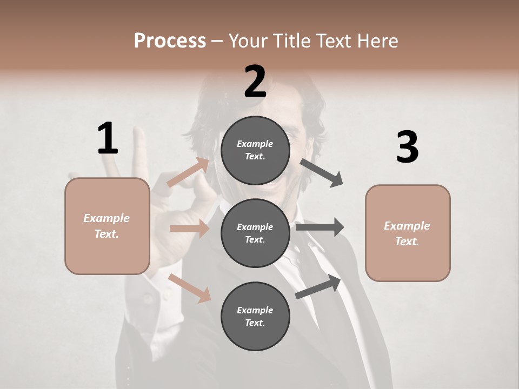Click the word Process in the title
(x=170, y=41)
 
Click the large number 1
(x=108, y=139)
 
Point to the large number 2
(x=255, y=82)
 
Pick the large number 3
(x=407, y=147)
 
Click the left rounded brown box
(x=107, y=226)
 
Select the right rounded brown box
(x=408, y=233)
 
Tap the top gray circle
(x=255, y=150)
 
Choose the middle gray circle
(x=255, y=233)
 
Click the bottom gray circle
(x=255, y=316)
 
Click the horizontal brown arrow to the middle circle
(x=189, y=229)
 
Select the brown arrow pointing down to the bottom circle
(x=190, y=288)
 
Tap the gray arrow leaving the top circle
(x=321, y=172)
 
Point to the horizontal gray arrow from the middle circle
(x=320, y=227)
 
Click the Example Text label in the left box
(x=107, y=226)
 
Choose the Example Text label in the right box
(x=407, y=233)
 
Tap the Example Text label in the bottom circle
(x=255, y=316)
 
